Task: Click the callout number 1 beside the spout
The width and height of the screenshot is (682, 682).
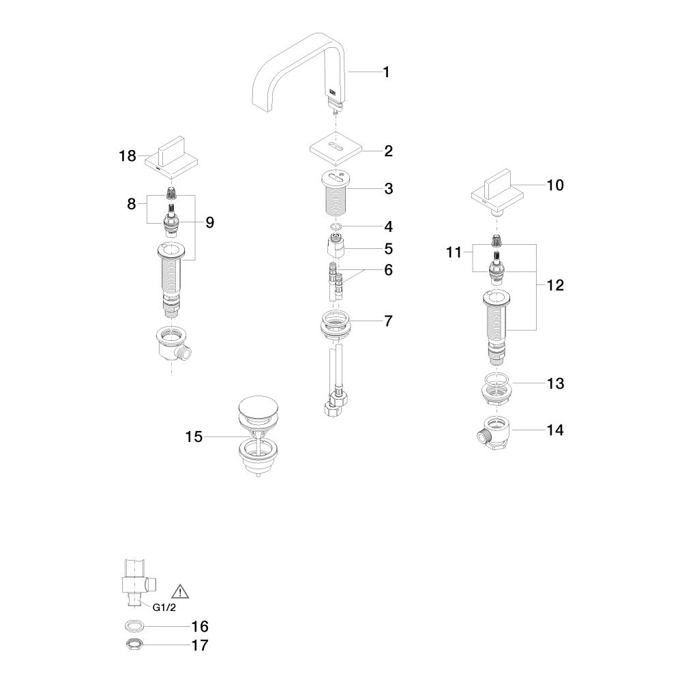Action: [x=386, y=72]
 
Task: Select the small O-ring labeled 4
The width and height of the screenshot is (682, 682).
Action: [x=335, y=226]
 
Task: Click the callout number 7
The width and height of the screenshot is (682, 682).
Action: [x=388, y=321]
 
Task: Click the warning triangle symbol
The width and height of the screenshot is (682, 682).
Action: [x=180, y=591]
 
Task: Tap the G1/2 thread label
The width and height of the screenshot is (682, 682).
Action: [x=164, y=607]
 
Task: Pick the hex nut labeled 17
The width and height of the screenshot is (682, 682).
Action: [x=132, y=644]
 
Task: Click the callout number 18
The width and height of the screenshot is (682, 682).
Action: [x=128, y=155]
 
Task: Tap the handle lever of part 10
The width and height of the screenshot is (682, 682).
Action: [x=499, y=183]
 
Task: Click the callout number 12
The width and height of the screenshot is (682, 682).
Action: [x=555, y=285]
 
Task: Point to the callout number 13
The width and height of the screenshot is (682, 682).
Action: [x=555, y=383]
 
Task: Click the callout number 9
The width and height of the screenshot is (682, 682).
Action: [x=209, y=222]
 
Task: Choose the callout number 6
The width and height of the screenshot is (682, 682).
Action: [x=388, y=269]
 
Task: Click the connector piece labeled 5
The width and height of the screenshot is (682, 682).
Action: [x=336, y=246]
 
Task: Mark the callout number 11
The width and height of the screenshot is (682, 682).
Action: [x=454, y=252]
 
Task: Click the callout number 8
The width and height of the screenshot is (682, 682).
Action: [x=132, y=203]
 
